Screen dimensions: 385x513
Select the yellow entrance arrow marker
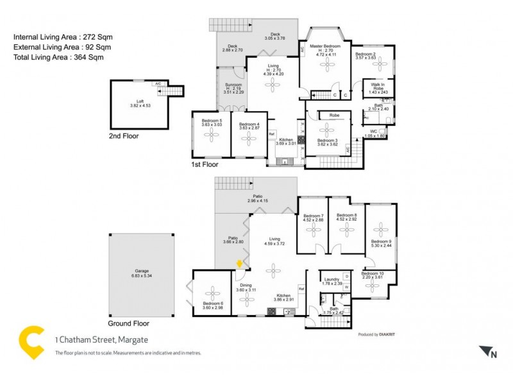coord(239,263)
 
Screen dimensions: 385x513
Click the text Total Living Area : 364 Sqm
coord(58,57)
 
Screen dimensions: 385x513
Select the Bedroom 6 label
coord(212,305)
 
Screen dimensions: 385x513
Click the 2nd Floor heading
coord(124,136)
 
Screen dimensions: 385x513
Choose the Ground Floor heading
coord(128,324)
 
